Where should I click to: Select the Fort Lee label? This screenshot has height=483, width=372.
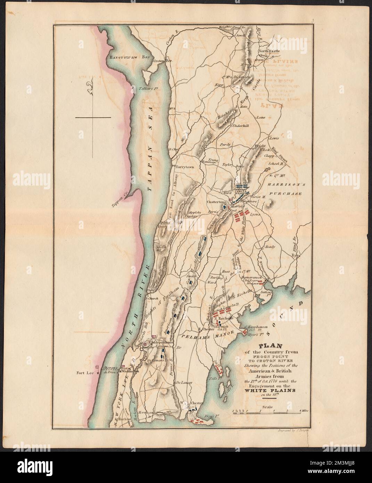(85, 374)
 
